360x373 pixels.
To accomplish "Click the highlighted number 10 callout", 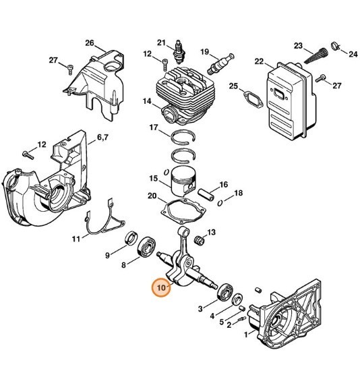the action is click(161, 287).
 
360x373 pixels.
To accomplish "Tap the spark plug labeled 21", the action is click(178, 53).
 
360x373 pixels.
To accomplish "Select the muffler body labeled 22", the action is click(291, 101).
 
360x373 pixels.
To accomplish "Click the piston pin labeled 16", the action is click(206, 194).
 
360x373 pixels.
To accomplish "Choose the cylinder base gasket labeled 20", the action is click(183, 210).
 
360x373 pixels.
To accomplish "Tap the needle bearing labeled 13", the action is click(200, 240).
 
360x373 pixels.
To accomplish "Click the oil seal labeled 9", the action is click(131, 237).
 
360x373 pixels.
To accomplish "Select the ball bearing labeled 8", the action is click(147, 248).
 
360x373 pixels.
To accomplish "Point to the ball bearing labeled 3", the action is click(224, 292).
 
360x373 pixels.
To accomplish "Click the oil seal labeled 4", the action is click(237, 299).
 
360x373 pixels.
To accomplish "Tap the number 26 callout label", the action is click(90, 43).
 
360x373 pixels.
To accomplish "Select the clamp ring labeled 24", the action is click(335, 45).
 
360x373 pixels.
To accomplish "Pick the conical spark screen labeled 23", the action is click(315, 56).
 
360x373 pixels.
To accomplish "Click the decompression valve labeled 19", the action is click(220, 63).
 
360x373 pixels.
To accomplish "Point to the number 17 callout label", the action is click(154, 127).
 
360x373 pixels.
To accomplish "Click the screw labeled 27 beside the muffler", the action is click(320, 78).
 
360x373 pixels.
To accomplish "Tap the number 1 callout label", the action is click(246, 335).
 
